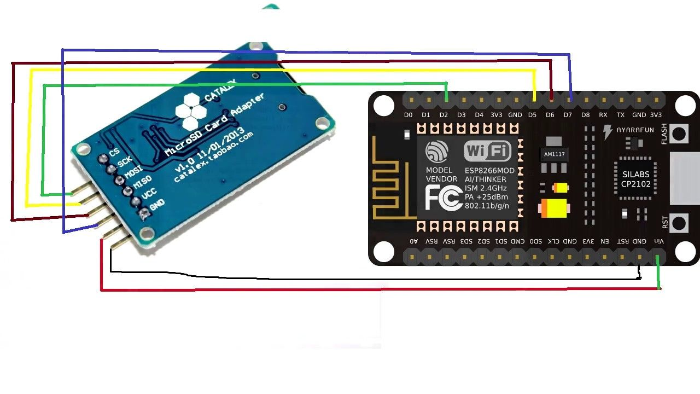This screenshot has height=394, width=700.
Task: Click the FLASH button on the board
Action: click(x=679, y=134)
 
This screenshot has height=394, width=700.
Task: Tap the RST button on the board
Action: click(x=679, y=223)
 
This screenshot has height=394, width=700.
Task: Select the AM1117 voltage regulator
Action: click(x=554, y=154)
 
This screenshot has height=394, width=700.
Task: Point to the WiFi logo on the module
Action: click(x=487, y=151)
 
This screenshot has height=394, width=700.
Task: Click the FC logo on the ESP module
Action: click(x=444, y=198)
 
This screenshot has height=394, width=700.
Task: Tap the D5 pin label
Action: click(x=533, y=115)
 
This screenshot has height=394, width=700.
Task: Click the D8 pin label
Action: click(x=586, y=115)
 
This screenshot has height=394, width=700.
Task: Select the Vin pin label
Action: click(x=660, y=241)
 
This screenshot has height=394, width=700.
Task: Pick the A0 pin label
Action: click(x=413, y=241)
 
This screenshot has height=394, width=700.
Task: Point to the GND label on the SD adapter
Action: click(x=157, y=205)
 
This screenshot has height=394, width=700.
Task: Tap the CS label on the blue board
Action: click(x=114, y=152)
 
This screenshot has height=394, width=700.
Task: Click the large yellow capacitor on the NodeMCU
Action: click(x=554, y=208)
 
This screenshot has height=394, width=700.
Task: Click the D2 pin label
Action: click(x=444, y=115)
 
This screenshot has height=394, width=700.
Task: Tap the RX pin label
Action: click(x=603, y=115)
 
